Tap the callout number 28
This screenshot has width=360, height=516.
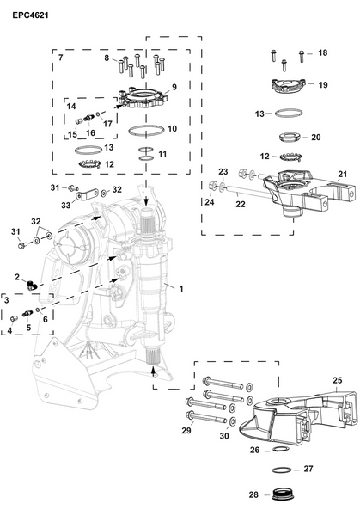253,496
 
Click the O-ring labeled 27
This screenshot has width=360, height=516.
281,470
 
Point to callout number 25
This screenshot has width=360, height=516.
337,379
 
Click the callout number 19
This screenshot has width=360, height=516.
323,85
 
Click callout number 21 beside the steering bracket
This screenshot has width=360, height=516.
342,175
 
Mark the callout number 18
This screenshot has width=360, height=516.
322,53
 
